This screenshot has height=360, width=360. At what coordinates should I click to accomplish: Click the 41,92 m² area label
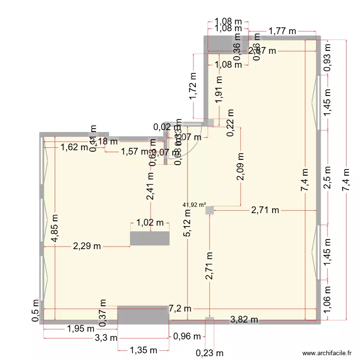click(x=194, y=204)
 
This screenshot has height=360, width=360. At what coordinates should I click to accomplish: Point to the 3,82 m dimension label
click(x=244, y=320)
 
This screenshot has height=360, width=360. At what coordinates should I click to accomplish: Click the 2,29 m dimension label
click(x=87, y=247)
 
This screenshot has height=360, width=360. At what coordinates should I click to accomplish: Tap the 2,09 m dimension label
click(x=240, y=167)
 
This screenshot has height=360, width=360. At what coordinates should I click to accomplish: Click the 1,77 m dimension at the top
click(x=282, y=32)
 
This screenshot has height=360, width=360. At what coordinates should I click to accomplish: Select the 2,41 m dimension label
click(x=151, y=186)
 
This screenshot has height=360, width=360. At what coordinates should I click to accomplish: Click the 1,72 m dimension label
click(x=193, y=86)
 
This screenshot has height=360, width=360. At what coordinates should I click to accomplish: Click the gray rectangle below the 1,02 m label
click(x=150, y=239)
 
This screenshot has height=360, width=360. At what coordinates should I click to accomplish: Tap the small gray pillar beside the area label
click(x=209, y=210)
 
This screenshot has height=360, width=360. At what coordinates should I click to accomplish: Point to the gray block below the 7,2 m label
click(x=143, y=315)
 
